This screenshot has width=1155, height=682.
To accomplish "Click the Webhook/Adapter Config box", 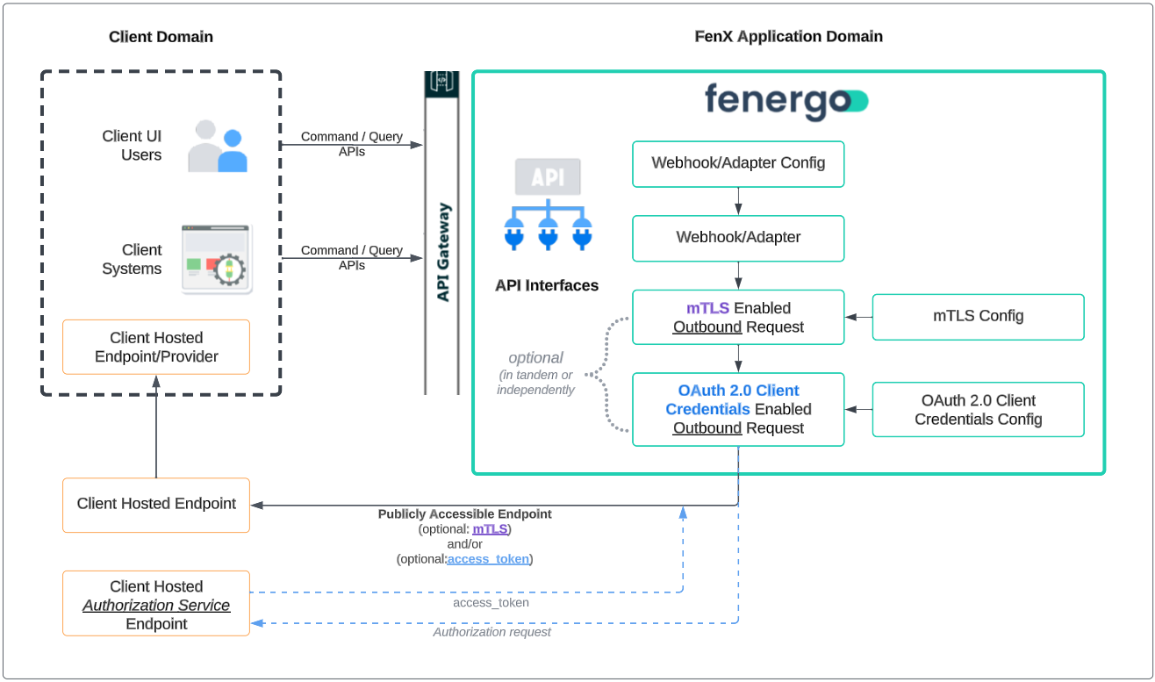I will coord(738,163).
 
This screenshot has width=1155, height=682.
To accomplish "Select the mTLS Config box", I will coord(978,316).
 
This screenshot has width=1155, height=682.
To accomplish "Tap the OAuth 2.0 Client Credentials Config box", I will coord(978,410).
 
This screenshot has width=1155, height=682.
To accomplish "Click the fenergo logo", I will coord(786,101).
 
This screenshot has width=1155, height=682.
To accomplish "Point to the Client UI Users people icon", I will coord(218,146).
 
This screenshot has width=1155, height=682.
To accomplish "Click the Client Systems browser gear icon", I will coord(217,259).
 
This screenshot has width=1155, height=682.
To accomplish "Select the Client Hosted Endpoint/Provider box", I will coord(156,347).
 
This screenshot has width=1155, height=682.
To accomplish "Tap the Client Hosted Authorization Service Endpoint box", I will coord(156,605).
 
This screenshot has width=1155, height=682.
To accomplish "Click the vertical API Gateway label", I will coord(442,252).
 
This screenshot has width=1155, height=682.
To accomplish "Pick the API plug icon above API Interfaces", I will coord(547,206).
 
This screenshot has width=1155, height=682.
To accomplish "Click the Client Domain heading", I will coord(161,37).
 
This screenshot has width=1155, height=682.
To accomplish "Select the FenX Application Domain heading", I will coord(788,37).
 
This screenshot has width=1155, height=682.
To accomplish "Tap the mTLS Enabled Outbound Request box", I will coord(738,317).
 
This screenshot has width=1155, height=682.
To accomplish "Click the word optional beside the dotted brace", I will coord(535,358).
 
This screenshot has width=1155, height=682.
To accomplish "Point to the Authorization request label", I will coord(491,632).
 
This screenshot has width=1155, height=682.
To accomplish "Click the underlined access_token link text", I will coord(488,558).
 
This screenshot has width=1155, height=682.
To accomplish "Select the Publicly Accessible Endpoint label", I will coord(465,514).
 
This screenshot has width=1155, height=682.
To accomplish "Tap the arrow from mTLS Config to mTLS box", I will coord(858,317).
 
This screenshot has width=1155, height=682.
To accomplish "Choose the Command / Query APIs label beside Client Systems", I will coord(351,257).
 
